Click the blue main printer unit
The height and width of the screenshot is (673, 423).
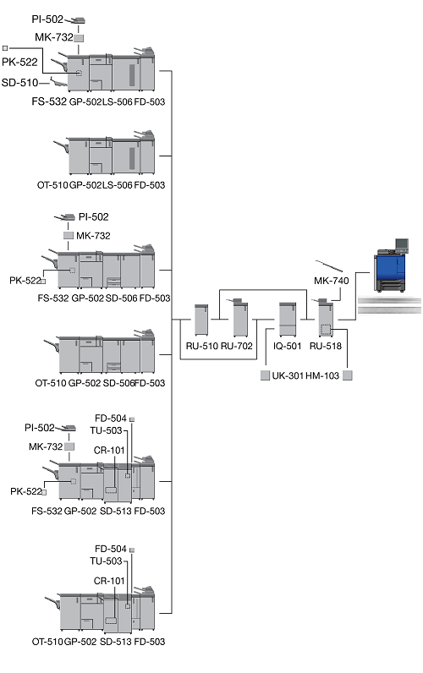[389, 271]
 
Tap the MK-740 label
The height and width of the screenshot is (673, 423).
[331, 281]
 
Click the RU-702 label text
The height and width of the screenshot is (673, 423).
[237, 346]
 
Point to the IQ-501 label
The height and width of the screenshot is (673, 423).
[288, 346]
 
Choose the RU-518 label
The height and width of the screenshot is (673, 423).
[326, 346]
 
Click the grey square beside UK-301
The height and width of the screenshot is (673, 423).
[266, 375]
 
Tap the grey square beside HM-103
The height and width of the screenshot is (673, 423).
[348, 375]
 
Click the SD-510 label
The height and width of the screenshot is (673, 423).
[19, 82]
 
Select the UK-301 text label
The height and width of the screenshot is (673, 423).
[288, 375]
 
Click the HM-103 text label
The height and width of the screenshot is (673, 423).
[322, 375]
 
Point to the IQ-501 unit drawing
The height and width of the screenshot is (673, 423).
[288, 319]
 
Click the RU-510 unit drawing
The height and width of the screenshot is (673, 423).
[201, 320]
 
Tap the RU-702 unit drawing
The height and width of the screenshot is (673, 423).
[240, 317]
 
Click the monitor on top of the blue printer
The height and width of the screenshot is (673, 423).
[402, 245]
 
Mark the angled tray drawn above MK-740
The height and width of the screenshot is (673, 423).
[329, 266]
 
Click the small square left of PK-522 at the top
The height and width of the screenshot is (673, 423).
[5, 48]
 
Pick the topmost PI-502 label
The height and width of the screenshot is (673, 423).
[47, 19]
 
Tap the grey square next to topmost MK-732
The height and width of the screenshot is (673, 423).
[79, 38]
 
